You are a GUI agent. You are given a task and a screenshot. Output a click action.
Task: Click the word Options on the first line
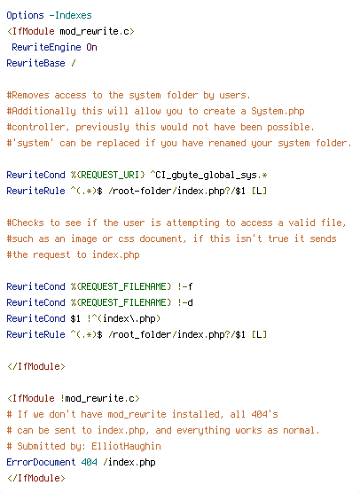coord(25,15)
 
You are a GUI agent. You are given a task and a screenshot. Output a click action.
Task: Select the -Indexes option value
coord(70,15)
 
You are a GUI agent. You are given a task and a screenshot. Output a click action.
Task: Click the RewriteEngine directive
coord(46,48)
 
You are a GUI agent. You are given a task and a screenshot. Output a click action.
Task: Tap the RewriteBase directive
coord(35,63)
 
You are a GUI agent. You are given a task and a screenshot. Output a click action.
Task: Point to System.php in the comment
coord(278,112)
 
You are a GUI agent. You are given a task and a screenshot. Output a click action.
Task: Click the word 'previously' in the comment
coord(102,128)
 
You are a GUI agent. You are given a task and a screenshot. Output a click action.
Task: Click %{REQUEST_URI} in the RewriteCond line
coord(108,176)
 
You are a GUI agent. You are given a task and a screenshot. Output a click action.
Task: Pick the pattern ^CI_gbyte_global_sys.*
coord(208,176)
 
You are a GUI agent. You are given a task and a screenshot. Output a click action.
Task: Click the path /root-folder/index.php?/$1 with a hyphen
coord(176,192)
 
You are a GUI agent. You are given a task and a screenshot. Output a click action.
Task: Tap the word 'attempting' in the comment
coord(192,223)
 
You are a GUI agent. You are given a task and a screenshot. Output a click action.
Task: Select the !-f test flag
coord(184,286)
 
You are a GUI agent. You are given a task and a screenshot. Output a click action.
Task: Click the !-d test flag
coord(184,302)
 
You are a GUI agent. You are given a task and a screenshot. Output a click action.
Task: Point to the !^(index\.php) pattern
coord(123,319)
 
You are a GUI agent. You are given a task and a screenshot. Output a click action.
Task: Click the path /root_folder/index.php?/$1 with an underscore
coord(176,335)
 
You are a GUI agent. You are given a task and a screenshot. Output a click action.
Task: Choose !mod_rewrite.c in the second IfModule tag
coord(98,399)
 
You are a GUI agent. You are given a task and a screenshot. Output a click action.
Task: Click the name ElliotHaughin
coord(127,447)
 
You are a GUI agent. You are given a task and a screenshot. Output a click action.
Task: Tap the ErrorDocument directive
coord(41,463)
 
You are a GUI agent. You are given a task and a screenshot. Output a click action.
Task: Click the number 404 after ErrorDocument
coord(89,463)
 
